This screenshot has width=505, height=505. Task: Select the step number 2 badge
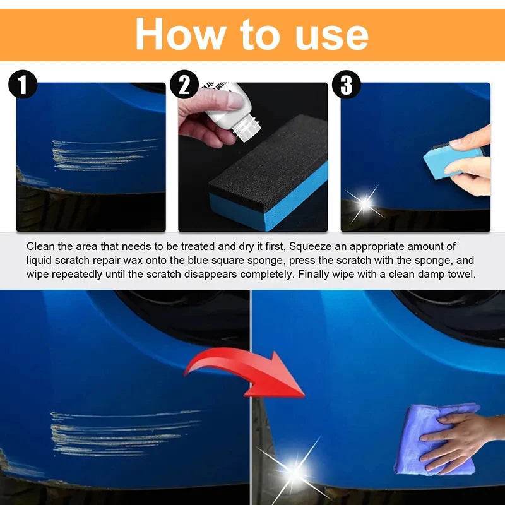(x=184, y=85)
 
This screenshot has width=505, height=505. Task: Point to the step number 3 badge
(x=346, y=85)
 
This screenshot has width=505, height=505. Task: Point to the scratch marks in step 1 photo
(x=101, y=155)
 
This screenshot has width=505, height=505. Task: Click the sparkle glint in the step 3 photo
(x=364, y=203)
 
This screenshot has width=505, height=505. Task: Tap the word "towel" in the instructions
(x=461, y=274)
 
